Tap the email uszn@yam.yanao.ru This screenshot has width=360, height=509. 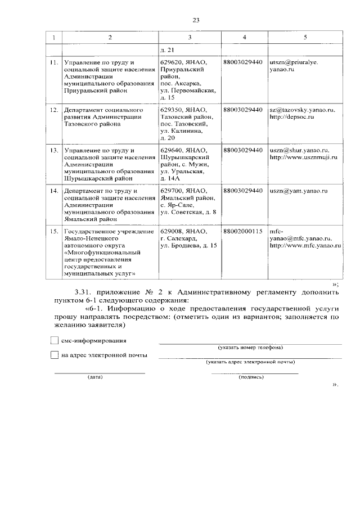(x=298, y=191)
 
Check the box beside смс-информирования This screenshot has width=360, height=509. (x=54, y=340)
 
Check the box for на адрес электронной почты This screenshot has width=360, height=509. (x=54, y=355)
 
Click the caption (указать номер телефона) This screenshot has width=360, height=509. (x=250, y=347)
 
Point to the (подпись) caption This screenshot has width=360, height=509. (x=251, y=377)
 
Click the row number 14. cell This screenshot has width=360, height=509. (x=53, y=191)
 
